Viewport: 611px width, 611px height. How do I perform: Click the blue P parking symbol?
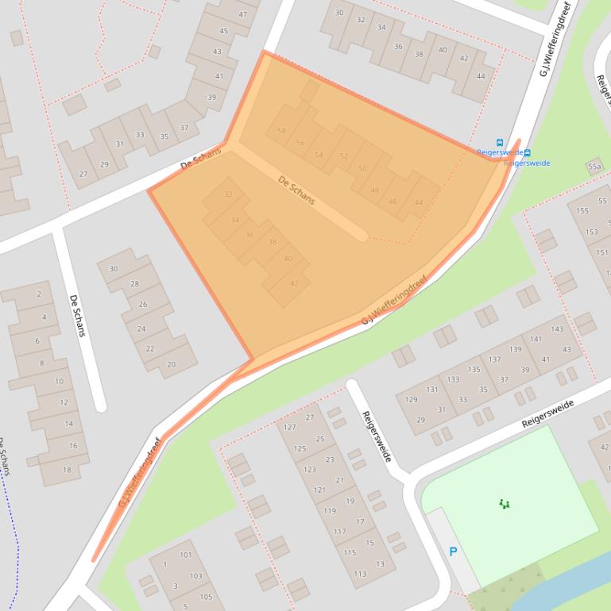pos(453,551)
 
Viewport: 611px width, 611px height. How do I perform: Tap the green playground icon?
pos(504,503)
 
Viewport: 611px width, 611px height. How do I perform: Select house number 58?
pos(281,131)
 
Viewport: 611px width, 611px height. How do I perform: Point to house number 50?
pos(362,168)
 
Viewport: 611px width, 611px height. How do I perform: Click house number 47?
pos(242,14)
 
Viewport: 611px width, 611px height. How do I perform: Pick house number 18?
pos(67,469)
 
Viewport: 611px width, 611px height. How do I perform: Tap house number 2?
pos(39,294)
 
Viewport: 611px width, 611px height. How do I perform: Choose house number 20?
pos(171,365)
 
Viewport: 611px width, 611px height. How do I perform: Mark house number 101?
pos(185,555)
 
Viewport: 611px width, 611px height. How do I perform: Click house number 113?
pos(360,574)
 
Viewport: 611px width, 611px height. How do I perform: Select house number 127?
pos(289,427)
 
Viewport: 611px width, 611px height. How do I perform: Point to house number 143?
pos(556,329)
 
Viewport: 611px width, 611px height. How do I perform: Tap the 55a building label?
pos(594,167)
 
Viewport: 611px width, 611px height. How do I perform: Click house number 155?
pos(583,210)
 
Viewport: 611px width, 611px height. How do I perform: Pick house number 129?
pos(411,399)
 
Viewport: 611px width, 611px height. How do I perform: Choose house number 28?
pos(134,283)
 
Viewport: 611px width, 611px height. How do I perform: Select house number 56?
pos(300,143)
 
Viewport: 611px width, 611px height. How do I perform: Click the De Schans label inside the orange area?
pos(296,190)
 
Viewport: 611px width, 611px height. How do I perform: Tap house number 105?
pos(206,597)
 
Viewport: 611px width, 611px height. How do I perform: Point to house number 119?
pos(329,511)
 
